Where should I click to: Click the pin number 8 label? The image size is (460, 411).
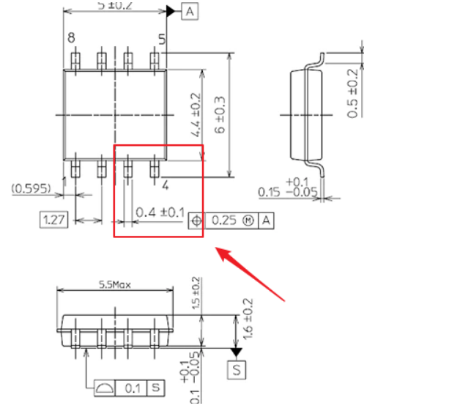(x=71, y=38)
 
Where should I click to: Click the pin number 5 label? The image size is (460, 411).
(x=161, y=38)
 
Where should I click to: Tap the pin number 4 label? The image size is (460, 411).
(x=165, y=185)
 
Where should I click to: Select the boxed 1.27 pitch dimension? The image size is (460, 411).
(x=53, y=219)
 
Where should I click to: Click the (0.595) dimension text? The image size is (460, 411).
(x=31, y=189)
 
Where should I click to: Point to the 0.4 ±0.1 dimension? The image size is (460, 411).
(x=160, y=212)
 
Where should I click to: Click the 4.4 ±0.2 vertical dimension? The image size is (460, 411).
(x=195, y=116)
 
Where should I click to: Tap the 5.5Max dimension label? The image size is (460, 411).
(x=114, y=284)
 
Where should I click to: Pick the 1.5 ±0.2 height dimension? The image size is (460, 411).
(x=195, y=295)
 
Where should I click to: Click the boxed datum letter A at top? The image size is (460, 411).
(x=189, y=11)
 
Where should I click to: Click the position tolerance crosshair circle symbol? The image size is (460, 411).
(x=196, y=220)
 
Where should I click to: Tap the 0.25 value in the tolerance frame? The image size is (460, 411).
(x=224, y=220)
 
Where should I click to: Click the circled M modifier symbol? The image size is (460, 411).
(x=249, y=220)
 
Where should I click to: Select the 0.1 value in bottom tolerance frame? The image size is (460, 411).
(x=133, y=387)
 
